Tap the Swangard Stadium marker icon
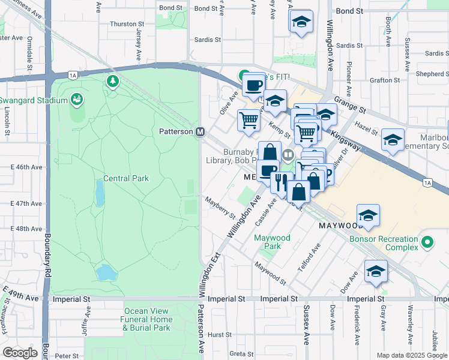(x=76, y=99)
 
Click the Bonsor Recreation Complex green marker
(x=427, y=242)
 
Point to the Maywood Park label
(x=272, y=242)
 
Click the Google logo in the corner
(x=20, y=352)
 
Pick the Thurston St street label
(x=124, y=24)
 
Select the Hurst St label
(x=220, y=335)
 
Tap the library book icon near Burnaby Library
(x=288, y=155)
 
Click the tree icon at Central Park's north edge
(x=112, y=80)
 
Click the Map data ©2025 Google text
(x=411, y=355)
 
